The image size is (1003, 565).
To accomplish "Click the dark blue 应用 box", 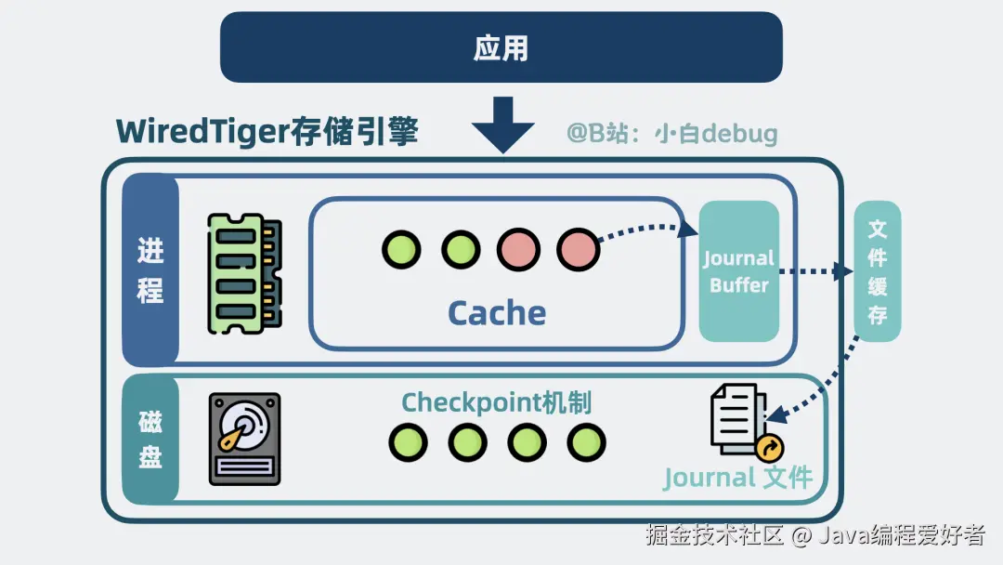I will tap(501, 47).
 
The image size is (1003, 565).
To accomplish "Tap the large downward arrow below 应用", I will tap(502, 124).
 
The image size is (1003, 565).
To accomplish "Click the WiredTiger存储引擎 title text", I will tap(267, 132).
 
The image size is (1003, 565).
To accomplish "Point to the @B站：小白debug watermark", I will tap(671, 134).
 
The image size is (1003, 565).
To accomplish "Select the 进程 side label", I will tap(150, 269).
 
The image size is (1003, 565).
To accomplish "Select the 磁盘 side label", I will tap(150, 438).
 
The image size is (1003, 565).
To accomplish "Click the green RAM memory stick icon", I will tap(243, 273).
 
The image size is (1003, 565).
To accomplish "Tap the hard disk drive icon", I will tap(244, 439).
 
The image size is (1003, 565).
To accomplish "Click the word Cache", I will tap(497, 313).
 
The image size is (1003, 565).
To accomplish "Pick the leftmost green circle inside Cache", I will tap(401, 249).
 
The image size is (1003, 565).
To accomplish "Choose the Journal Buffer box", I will tap(739, 271).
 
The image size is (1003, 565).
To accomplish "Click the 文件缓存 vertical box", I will tap(877, 271).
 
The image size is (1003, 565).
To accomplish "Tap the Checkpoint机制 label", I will tap(497, 402).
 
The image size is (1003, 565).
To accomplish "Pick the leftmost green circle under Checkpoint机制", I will tap(408, 442).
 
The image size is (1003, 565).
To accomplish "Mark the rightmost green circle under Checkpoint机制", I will tap(586, 442).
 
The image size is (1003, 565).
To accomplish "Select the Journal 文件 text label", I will tap(738, 479).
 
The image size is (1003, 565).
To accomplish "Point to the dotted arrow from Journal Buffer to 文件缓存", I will tap(814, 272).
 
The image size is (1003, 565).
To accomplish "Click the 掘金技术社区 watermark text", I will tap(714, 535).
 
